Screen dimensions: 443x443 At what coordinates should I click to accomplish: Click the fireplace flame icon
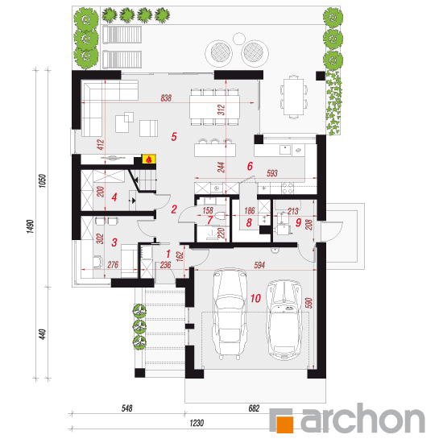pos(149,159)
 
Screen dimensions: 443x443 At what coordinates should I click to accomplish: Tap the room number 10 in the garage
pos(255,298)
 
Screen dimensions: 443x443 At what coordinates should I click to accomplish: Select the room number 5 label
pos(174,137)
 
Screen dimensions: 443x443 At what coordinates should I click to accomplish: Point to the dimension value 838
pos(166,98)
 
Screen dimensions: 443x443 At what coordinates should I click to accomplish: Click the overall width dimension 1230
pos(197,423)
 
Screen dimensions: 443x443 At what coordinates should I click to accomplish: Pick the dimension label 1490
pos(31,226)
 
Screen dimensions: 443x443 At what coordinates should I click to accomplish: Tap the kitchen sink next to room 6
pos(285,150)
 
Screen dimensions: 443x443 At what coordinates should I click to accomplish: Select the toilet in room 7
pos(221,216)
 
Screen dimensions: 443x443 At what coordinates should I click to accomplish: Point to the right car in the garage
pos(285,320)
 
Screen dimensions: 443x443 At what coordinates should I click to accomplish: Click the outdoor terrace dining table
pos(294,97)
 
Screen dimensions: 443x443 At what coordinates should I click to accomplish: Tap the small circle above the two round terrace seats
pos(238,39)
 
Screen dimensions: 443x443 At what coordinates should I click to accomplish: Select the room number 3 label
pos(114,242)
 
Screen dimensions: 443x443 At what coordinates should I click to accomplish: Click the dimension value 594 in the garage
pos(259,265)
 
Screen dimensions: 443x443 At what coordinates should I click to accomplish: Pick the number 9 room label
pos(298,222)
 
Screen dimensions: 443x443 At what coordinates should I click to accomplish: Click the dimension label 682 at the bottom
pos(254,408)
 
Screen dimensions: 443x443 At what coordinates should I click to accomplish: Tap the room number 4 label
pos(114,197)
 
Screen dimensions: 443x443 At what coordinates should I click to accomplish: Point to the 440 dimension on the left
pos(42,334)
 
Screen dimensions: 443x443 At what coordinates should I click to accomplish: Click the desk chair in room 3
pos(97,261)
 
